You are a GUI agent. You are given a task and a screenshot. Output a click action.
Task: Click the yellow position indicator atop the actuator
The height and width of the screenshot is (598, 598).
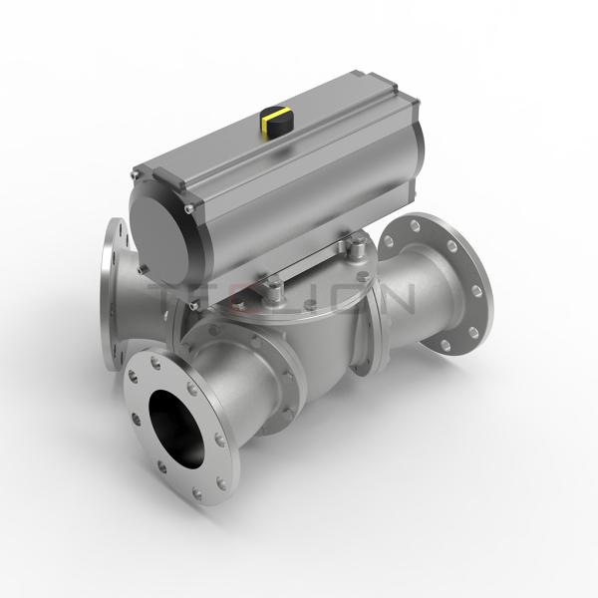(x=274, y=123)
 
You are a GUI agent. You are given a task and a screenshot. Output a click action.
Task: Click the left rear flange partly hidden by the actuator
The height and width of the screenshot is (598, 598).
(x=110, y=269)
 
